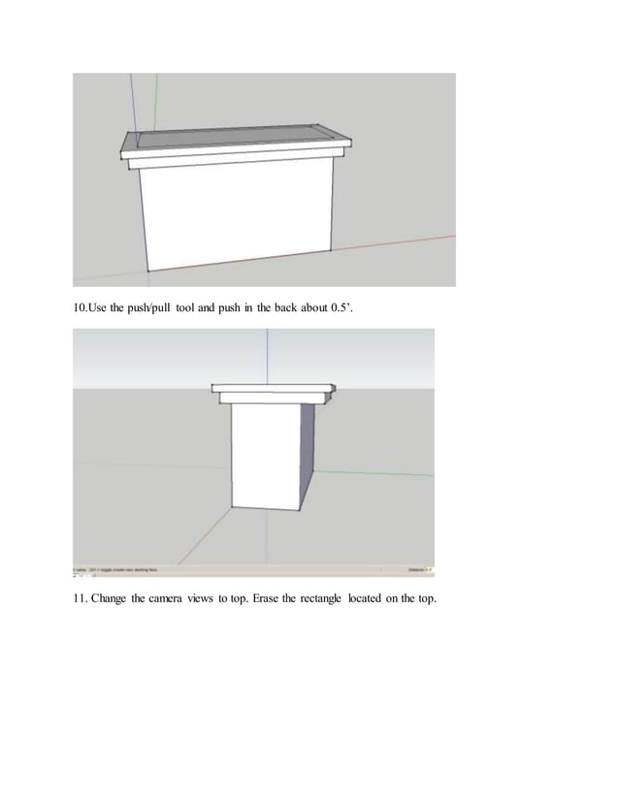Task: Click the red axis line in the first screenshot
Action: tap(407, 243)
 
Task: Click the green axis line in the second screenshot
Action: tap(378, 473)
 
